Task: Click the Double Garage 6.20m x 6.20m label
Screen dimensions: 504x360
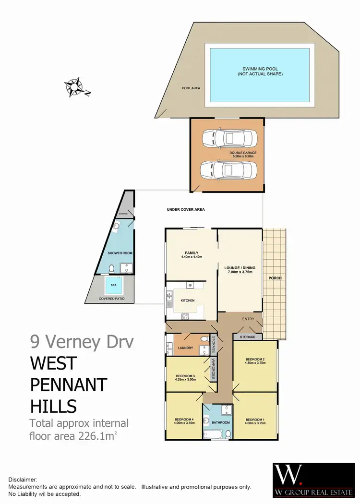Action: (x=243, y=155)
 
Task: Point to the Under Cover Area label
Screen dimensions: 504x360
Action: (x=186, y=210)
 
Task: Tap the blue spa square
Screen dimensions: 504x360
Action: (x=114, y=286)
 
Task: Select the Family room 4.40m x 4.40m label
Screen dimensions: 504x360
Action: (x=192, y=255)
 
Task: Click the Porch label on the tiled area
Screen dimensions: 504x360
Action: (x=275, y=278)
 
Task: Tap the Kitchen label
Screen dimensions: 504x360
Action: (x=188, y=300)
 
